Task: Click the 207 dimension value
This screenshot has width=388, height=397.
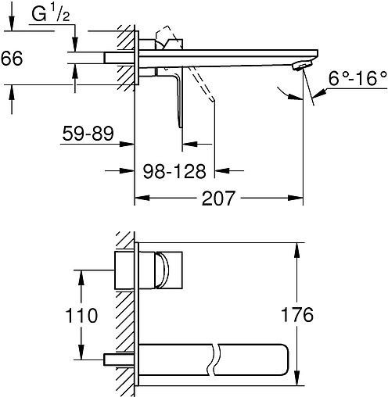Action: [x=218, y=198]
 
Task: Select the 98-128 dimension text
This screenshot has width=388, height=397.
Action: [x=174, y=171]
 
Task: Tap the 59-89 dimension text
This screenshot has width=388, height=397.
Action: [x=88, y=134]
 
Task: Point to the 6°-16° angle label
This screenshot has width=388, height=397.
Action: [x=357, y=78]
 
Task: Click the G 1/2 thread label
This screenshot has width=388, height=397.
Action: [x=51, y=14]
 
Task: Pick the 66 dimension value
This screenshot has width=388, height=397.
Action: [x=12, y=58]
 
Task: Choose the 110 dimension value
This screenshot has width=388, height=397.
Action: [x=81, y=316]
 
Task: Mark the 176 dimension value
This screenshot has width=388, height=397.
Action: [x=297, y=314]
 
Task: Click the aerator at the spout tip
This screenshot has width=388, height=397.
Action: [x=302, y=65]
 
